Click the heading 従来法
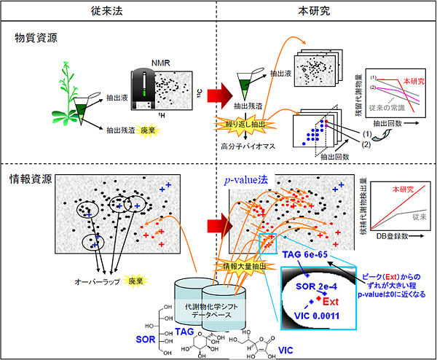[108, 12]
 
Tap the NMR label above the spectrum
[160, 63]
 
